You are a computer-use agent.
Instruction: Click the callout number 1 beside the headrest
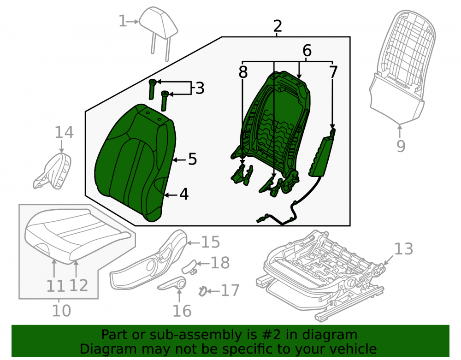click(x=123, y=21)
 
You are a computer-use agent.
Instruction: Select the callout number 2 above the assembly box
click(x=277, y=26)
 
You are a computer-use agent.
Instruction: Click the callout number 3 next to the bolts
click(x=200, y=88)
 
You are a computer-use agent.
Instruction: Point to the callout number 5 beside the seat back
click(x=192, y=159)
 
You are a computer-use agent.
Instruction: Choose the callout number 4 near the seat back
click(x=184, y=194)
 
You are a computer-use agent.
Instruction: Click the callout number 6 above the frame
click(x=307, y=51)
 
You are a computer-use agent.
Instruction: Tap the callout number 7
click(x=333, y=72)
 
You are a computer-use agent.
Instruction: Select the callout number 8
click(x=243, y=72)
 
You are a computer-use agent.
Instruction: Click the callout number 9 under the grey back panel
click(x=401, y=146)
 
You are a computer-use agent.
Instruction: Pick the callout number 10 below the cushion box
click(x=61, y=311)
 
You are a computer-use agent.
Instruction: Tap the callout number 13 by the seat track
click(x=404, y=248)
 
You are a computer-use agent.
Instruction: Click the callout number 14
click(x=64, y=133)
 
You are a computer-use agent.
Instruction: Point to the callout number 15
click(x=211, y=242)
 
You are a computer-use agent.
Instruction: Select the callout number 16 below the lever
click(x=182, y=311)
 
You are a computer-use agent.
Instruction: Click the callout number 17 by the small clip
click(x=230, y=291)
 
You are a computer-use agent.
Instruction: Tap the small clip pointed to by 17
click(x=202, y=291)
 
